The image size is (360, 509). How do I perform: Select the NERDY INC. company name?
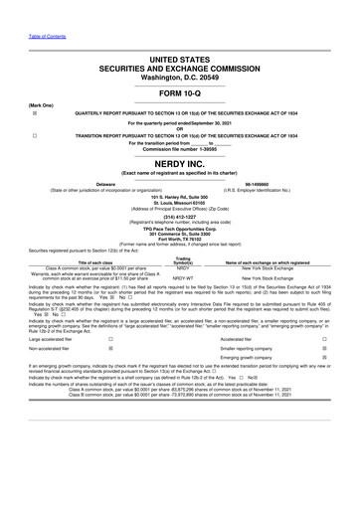180,162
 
